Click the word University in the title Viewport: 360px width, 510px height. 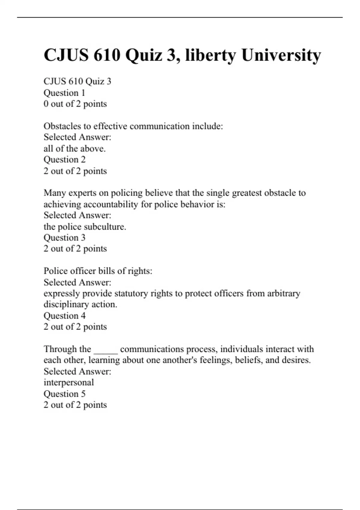(x=281, y=55)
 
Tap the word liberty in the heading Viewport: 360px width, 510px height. (x=211, y=55)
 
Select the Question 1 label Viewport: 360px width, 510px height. (x=64, y=93)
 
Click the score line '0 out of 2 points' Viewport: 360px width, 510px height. (x=75, y=104)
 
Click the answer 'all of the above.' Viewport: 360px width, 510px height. (x=74, y=148)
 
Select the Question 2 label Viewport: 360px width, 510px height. (x=64, y=159)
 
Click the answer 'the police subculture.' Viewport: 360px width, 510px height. (x=85, y=227)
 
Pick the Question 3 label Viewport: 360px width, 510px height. (x=64, y=238)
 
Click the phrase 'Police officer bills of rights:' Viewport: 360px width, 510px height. (x=98, y=271)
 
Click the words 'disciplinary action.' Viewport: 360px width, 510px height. (x=80, y=304)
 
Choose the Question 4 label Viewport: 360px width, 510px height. (x=64, y=316)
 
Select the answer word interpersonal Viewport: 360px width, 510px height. (x=69, y=382)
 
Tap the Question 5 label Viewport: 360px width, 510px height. (x=64, y=394)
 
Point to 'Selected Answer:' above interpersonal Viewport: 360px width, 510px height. (x=77, y=371)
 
